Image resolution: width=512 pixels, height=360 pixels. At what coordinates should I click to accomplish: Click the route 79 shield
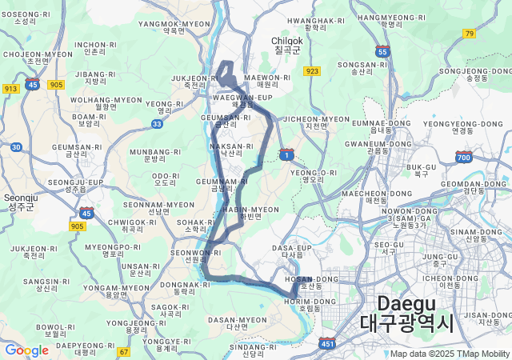469,33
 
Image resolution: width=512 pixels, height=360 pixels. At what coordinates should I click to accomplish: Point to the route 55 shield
383,51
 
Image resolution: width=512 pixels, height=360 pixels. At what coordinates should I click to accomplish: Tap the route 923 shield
312,71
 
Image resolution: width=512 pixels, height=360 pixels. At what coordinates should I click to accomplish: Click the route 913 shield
11,89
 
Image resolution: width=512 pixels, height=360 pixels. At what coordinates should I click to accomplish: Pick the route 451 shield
327,344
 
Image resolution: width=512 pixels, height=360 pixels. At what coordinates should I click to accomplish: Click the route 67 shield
123,351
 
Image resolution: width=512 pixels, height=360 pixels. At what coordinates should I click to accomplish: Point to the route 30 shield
16,147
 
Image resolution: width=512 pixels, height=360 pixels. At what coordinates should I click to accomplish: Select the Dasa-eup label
291,252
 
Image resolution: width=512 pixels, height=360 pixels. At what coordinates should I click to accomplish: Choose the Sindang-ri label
252,350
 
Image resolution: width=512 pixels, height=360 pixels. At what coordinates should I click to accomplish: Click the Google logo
26,350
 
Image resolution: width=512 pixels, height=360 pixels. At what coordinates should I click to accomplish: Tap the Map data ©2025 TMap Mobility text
450,354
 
